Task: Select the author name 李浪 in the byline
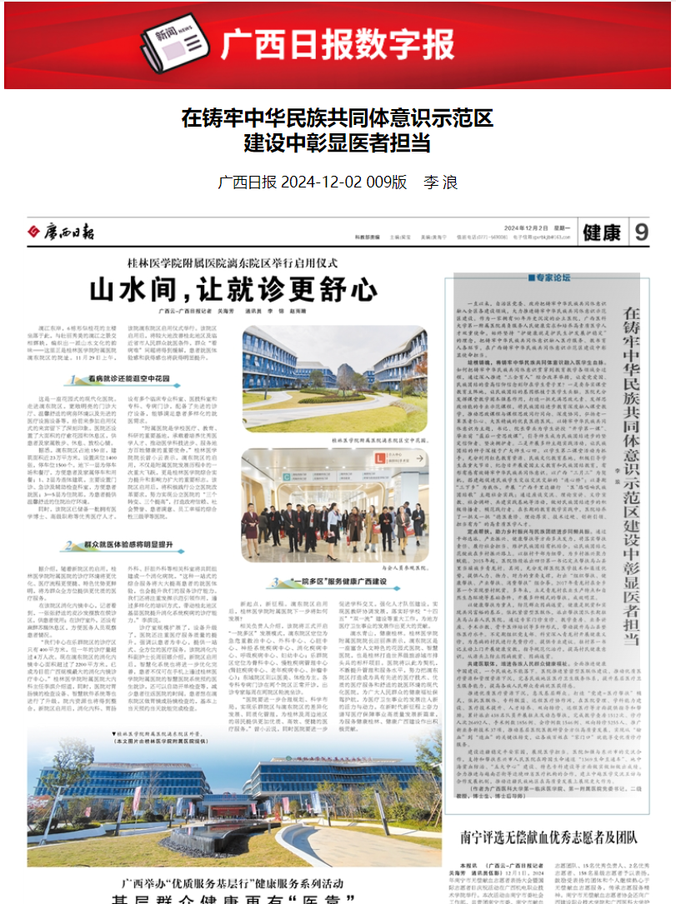click(441, 182)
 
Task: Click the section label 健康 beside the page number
click(603, 232)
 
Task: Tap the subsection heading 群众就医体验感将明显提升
click(125, 546)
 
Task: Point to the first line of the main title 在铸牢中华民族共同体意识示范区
click(338, 117)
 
